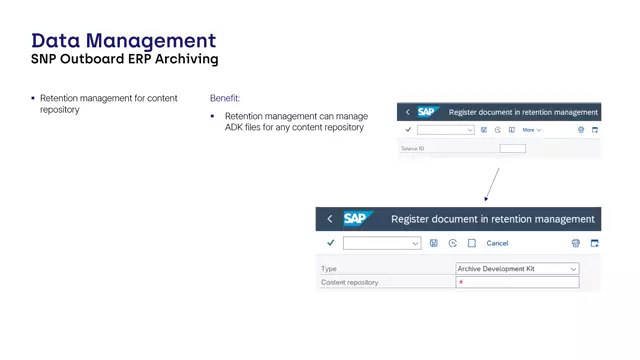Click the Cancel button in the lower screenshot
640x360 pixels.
[x=497, y=243]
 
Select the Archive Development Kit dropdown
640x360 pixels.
[x=517, y=269]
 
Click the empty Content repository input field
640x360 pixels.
[x=517, y=283]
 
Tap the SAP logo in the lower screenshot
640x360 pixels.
[x=358, y=219]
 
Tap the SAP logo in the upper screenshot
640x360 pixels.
[x=428, y=112]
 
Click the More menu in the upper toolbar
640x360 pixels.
[x=531, y=130]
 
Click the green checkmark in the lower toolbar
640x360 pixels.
[x=331, y=243]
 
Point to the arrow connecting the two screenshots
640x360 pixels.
[x=490, y=185]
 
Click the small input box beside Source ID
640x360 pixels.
[x=512, y=149]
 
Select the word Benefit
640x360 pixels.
[x=224, y=98]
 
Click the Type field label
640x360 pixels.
[x=329, y=269]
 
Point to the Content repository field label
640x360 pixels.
[x=349, y=283]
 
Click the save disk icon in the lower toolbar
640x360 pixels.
[x=434, y=243]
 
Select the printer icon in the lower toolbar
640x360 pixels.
[x=576, y=243]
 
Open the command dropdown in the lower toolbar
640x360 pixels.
[x=381, y=243]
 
